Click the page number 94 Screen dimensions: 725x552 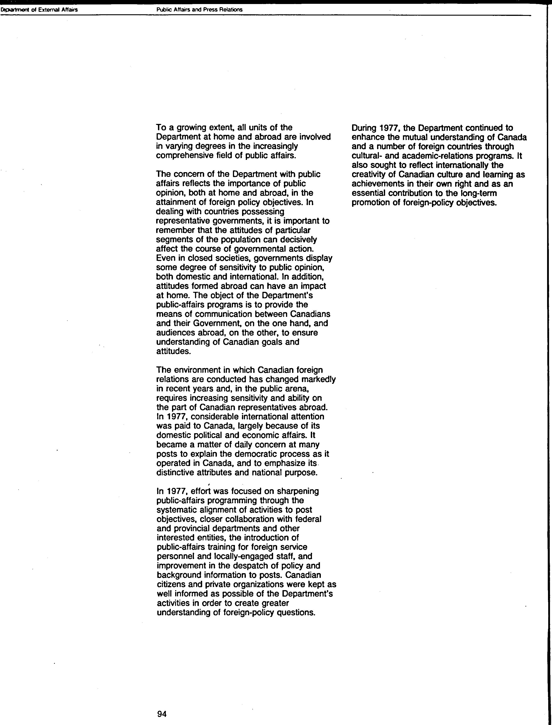[162, 711]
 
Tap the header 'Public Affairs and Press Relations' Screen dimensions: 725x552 [199, 10]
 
